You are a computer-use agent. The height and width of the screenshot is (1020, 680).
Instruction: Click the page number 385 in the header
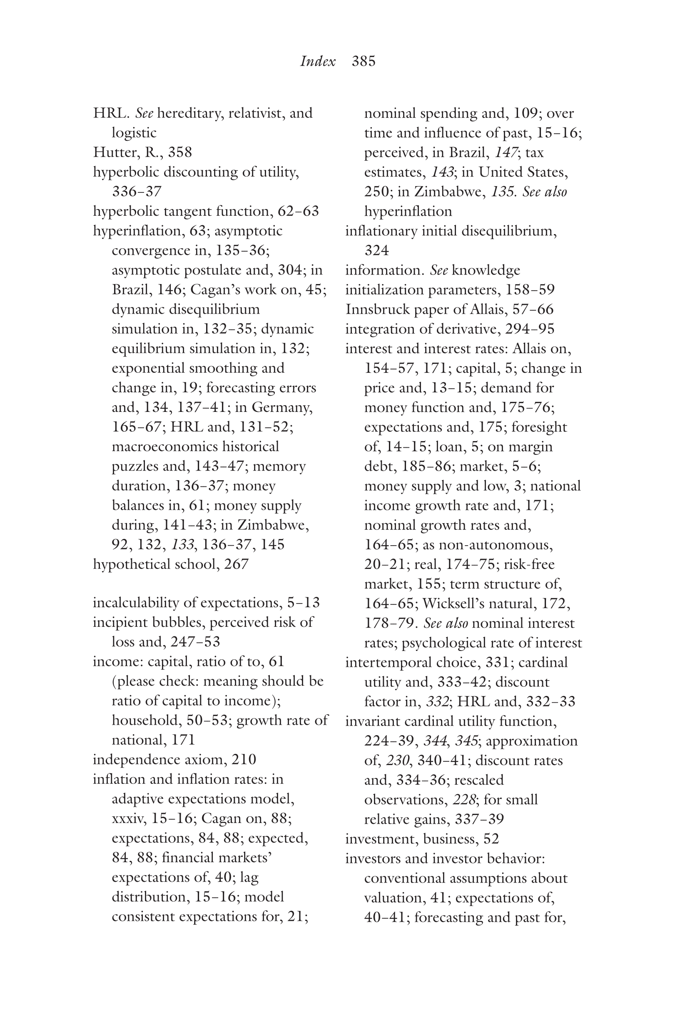tap(364, 61)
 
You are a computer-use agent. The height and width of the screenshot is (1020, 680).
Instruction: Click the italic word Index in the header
tap(318, 61)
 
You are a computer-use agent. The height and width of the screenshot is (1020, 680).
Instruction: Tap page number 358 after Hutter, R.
tap(180, 152)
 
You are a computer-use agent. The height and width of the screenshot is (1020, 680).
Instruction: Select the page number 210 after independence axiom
tap(244, 759)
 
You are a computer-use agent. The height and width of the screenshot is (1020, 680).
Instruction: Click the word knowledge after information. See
tap(486, 270)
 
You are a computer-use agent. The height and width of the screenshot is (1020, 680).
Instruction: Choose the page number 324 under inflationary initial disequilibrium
tap(376, 250)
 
